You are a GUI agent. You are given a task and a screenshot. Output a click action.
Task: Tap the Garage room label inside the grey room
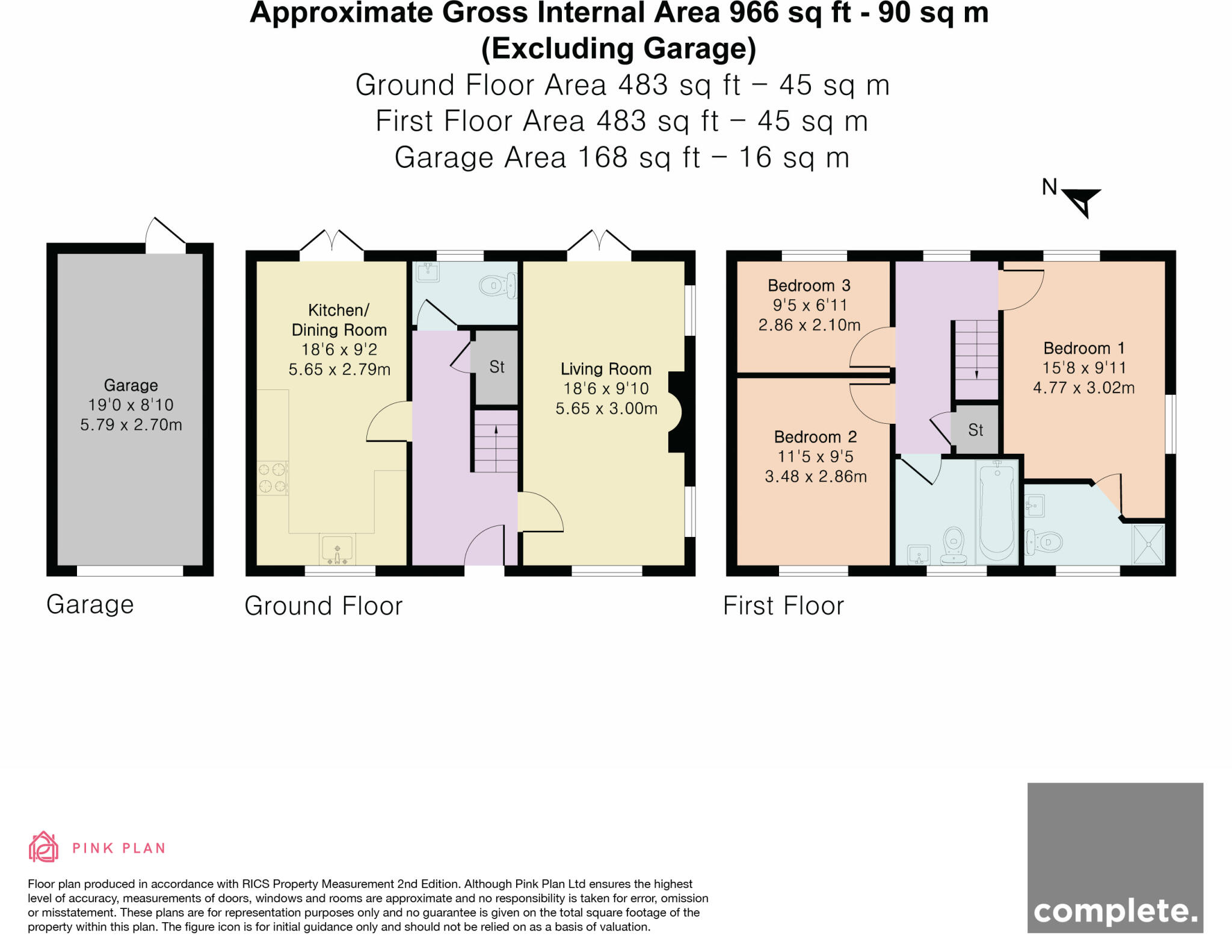[131, 385]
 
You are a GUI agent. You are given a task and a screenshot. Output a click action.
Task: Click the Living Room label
[606, 369]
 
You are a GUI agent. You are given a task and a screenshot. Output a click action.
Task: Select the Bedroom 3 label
[809, 285]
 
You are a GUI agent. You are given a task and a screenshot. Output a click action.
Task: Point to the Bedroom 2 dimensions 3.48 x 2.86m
[816, 477]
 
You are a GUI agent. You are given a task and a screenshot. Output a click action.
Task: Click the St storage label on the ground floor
[497, 367]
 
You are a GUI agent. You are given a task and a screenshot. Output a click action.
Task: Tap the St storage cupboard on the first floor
[975, 429]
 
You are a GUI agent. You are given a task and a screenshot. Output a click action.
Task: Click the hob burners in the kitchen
[272, 478]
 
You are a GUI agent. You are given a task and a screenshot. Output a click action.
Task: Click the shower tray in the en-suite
[1148, 544]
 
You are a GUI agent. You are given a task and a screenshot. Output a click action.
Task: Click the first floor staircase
[976, 359]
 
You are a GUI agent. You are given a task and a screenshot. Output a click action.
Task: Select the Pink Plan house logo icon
[43, 847]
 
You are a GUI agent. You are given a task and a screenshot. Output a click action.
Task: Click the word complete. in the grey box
[1115, 911]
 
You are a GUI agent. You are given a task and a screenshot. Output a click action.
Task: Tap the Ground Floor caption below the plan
[324, 606]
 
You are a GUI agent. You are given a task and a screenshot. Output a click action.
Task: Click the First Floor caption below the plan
[783, 606]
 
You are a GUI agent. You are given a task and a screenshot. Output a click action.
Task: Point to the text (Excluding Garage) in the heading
[619, 49]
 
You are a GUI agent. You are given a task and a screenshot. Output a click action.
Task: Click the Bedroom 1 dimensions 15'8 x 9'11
[1084, 368]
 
